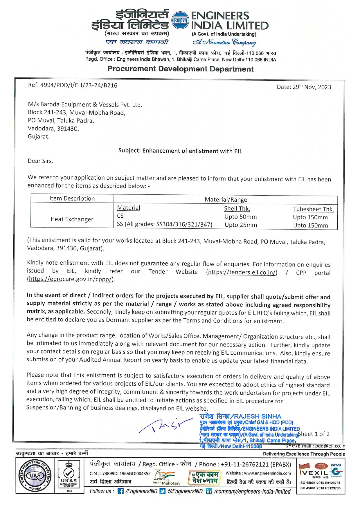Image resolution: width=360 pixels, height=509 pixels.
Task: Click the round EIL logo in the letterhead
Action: pyautogui.click(x=180, y=20)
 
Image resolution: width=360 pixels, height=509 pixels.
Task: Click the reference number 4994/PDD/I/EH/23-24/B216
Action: pyautogui.click(x=73, y=85)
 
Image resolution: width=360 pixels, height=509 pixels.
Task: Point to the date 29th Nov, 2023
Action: pyautogui.click(x=304, y=87)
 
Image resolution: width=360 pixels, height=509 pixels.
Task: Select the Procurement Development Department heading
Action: pyautogui.click(x=180, y=69)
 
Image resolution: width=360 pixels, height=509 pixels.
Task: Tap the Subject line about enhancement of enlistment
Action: pyautogui.click(x=180, y=151)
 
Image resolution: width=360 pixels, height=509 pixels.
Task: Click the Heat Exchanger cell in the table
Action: pyautogui.click(x=72, y=219)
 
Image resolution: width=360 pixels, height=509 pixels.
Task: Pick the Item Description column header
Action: pyautogui.click(x=72, y=198)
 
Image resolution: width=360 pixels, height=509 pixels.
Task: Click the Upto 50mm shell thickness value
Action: pyautogui.click(x=240, y=217)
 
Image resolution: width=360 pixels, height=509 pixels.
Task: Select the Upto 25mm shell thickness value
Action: pyautogui.click(x=241, y=225)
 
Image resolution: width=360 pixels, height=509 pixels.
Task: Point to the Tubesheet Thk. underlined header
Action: pyautogui.click(x=313, y=209)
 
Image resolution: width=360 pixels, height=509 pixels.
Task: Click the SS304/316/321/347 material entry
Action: pyautogui.click(x=164, y=224)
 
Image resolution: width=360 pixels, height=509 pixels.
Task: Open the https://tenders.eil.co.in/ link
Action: pyautogui.click(x=242, y=272)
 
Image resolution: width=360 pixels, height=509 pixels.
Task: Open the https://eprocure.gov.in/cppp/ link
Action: pyautogui.click(x=71, y=279)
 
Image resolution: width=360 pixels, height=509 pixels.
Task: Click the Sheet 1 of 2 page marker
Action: pyautogui.click(x=314, y=434)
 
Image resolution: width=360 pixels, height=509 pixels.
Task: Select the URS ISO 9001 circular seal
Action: pyautogui.click(x=35, y=476)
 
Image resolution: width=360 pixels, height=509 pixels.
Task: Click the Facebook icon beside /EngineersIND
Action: pyautogui.click(x=120, y=491)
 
